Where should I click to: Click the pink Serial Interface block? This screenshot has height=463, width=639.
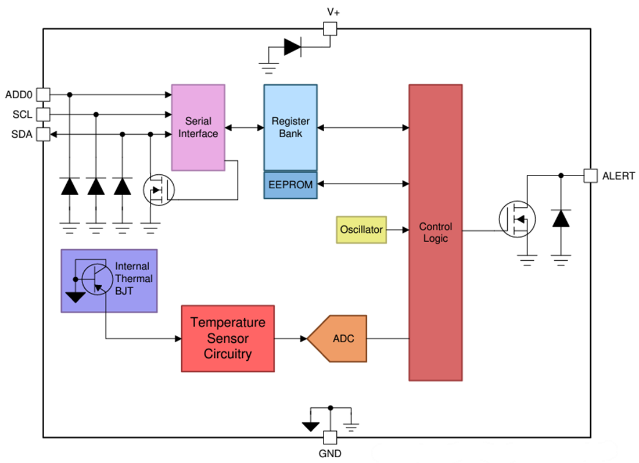click(x=198, y=127)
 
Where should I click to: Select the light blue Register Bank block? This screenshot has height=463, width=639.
click(x=290, y=127)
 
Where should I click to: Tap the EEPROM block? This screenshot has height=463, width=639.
click(x=290, y=185)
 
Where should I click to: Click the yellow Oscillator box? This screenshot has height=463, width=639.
click(x=361, y=229)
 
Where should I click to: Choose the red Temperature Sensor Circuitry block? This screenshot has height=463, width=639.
click(x=227, y=338)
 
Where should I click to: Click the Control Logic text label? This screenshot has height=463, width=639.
click(x=435, y=232)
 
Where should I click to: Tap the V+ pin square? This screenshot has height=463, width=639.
click(x=330, y=28)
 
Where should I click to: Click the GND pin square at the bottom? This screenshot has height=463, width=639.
click(x=330, y=437)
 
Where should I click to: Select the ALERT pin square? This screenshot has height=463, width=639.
click(x=590, y=175)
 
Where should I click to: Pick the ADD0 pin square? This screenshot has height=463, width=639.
click(x=43, y=94)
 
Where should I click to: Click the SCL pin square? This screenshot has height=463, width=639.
click(x=43, y=114)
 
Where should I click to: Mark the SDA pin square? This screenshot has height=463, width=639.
click(x=43, y=134)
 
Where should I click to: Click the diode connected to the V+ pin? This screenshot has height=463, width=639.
click(x=292, y=47)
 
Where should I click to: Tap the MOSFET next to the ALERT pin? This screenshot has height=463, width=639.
click(x=517, y=219)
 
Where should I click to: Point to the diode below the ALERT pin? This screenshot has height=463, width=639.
click(x=561, y=218)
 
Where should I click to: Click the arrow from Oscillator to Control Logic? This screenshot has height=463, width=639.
click(x=397, y=229)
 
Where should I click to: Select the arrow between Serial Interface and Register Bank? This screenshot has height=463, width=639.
click(x=245, y=127)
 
